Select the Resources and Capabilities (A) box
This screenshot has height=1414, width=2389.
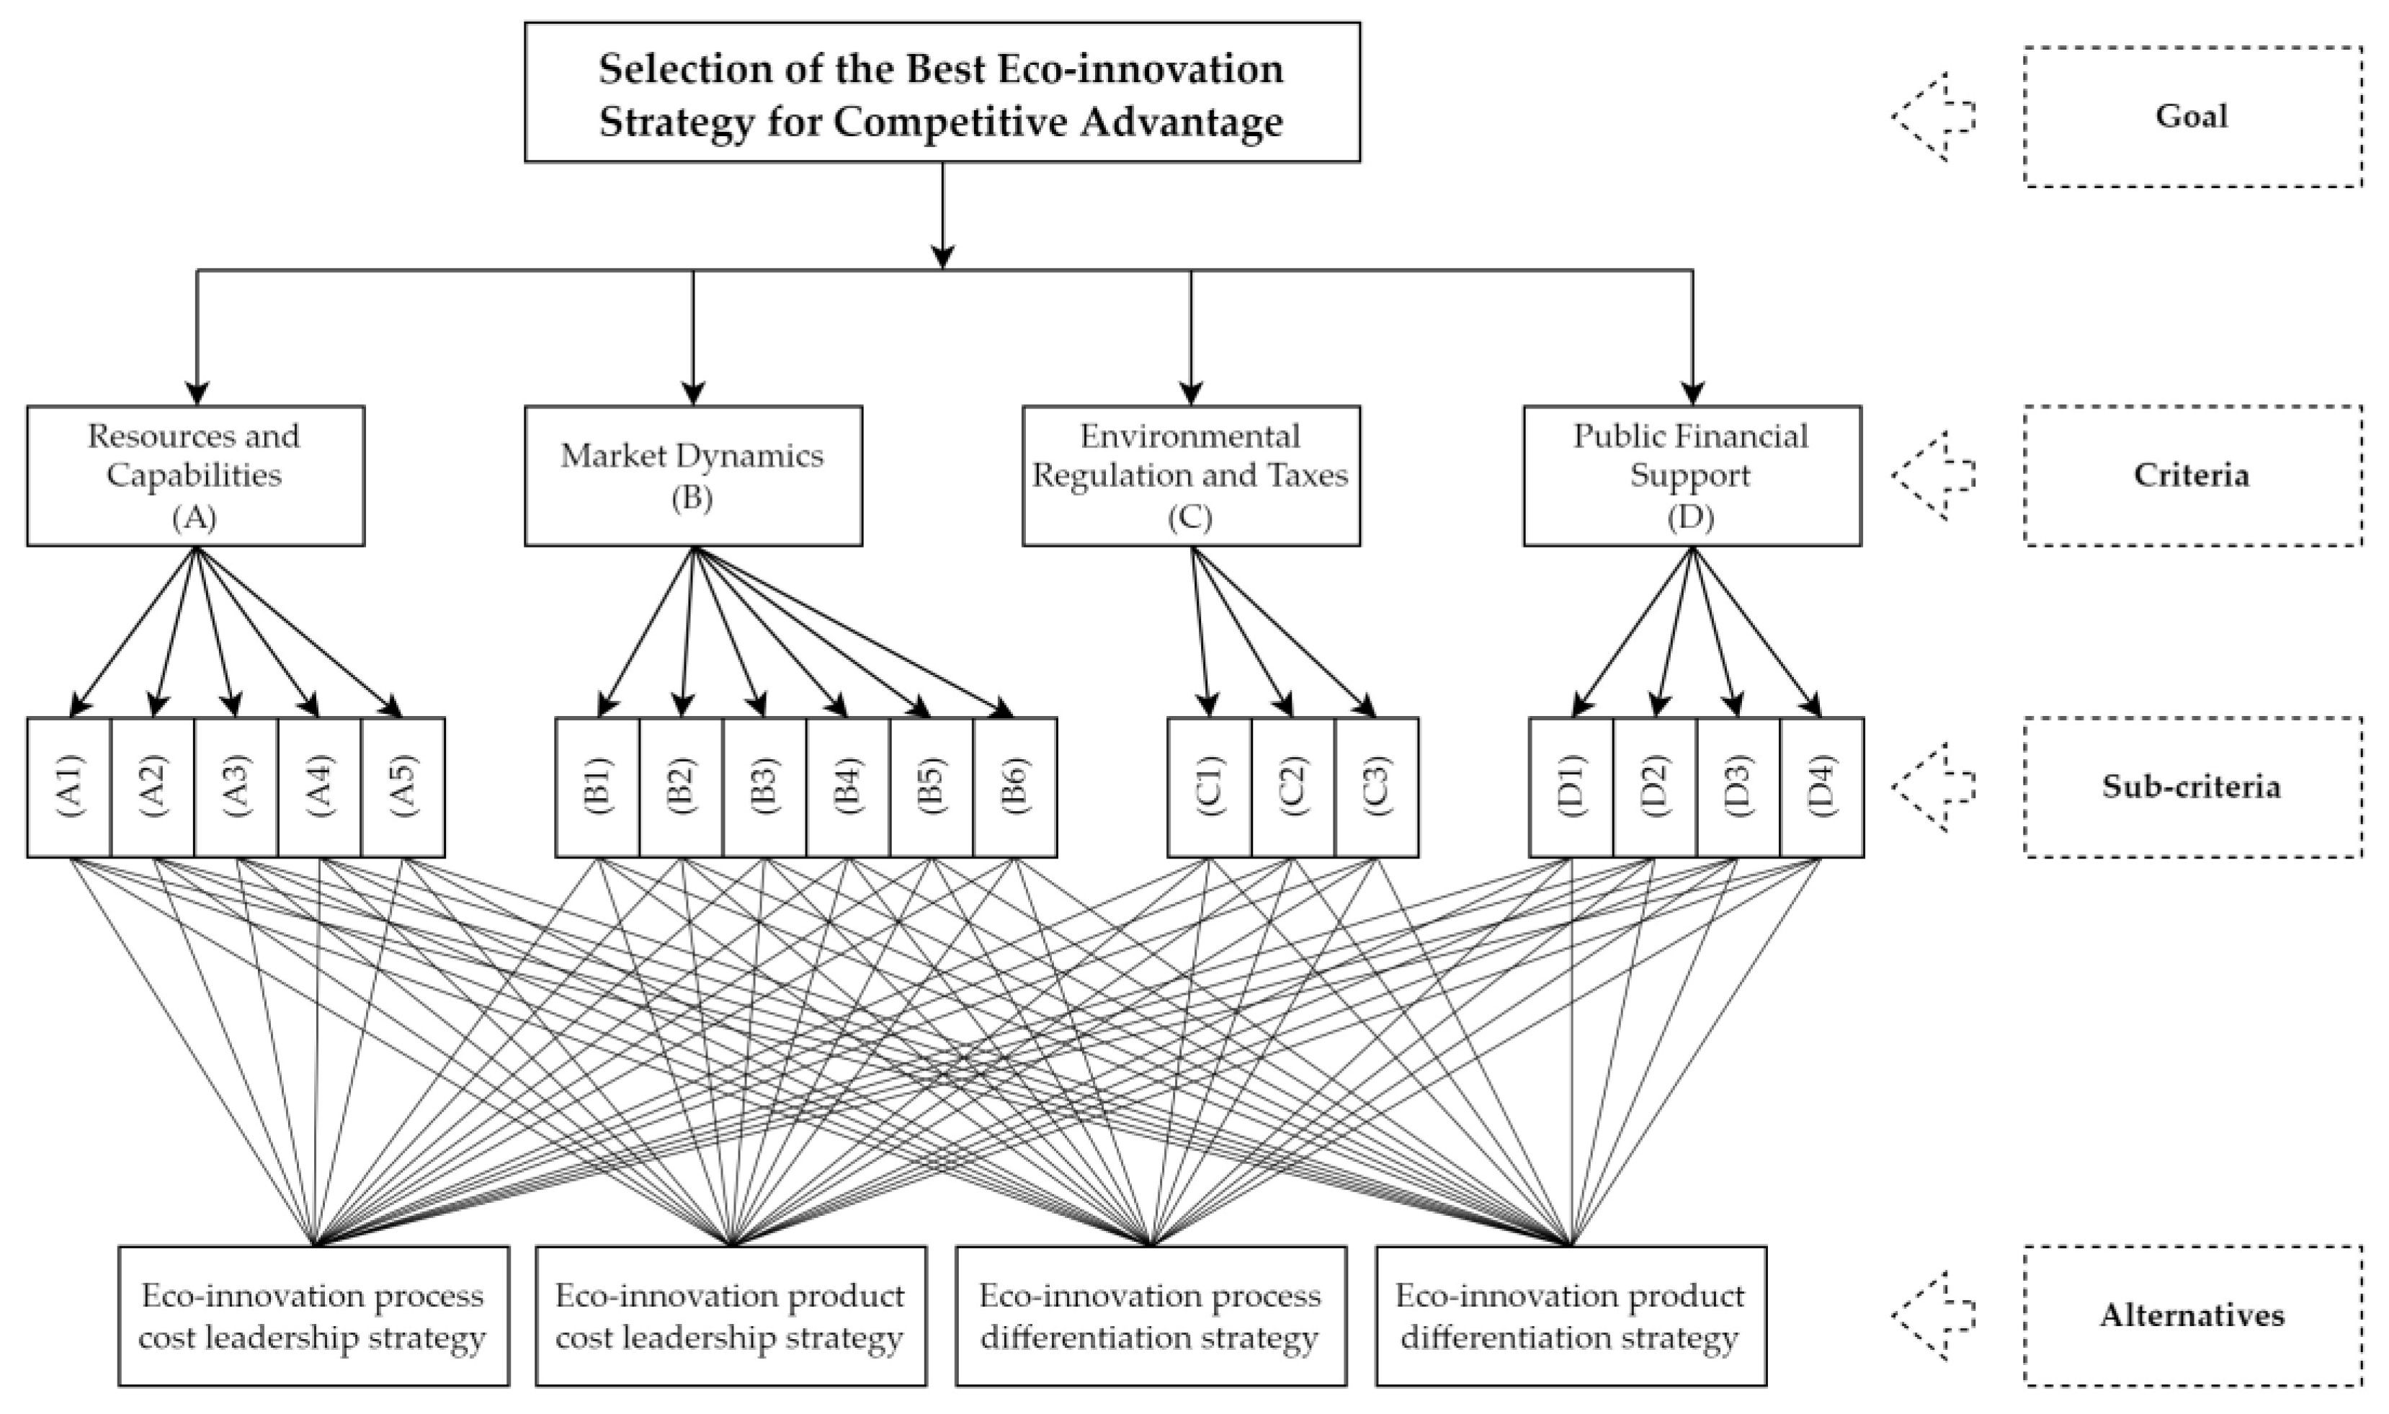195,475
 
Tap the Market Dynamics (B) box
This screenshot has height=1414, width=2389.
693,475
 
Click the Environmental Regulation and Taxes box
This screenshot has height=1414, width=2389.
1190,475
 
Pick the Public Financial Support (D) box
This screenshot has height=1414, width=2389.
1692,475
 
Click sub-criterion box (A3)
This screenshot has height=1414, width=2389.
236,787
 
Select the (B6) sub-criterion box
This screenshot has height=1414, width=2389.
1015,787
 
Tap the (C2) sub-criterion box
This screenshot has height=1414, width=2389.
1292,787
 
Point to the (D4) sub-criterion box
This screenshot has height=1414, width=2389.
1821,787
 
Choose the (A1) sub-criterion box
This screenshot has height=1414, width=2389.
70,787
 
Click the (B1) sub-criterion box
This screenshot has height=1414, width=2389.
597,787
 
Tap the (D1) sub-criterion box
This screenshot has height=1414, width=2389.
1571,787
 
